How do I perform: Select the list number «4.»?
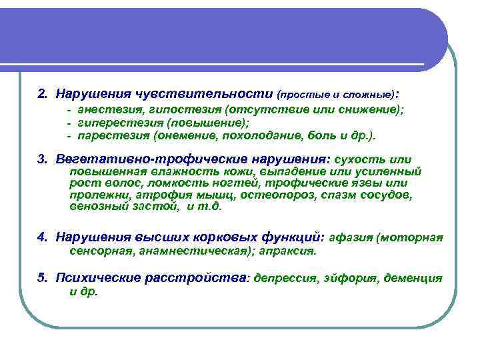tap(43, 237)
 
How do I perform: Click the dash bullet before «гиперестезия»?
tap(69, 123)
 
